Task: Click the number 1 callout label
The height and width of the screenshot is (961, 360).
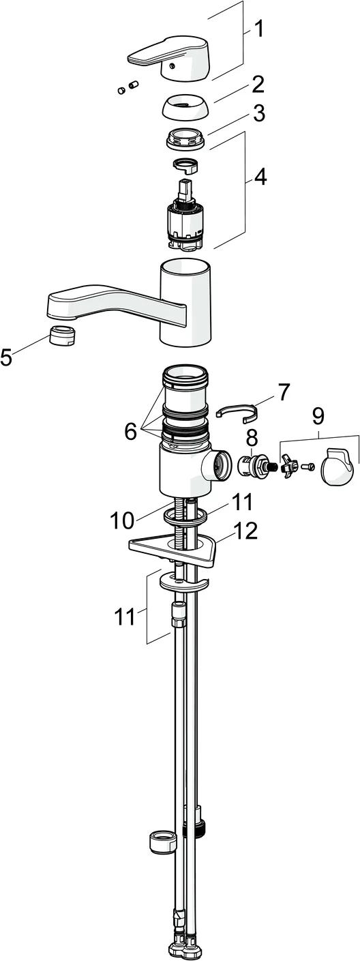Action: [259, 29]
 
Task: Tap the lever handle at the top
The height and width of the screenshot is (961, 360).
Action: [170, 61]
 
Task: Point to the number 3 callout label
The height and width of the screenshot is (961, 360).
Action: [258, 113]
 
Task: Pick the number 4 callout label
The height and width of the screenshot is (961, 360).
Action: [260, 176]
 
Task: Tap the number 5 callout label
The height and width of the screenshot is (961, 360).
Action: [7, 357]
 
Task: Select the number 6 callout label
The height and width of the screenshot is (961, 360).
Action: [130, 430]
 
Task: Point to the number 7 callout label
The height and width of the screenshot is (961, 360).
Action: [283, 392]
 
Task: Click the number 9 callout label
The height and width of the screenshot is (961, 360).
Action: [318, 415]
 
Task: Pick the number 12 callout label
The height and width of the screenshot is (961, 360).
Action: [243, 531]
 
